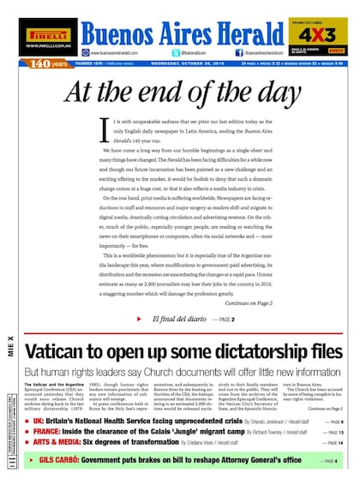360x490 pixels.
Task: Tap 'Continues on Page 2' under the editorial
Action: tap(249, 303)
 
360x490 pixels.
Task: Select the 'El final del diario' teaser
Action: tap(179, 319)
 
